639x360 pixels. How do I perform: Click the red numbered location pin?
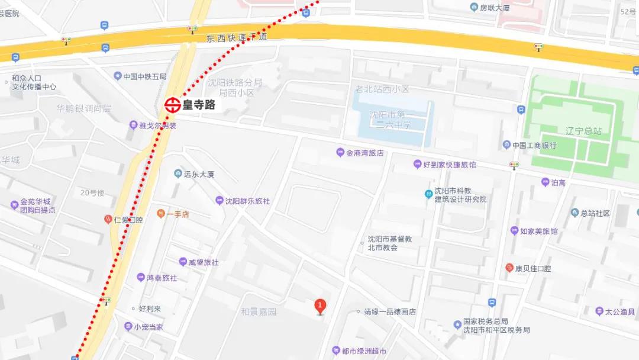(320, 306)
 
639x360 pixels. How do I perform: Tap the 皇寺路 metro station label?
(199, 105)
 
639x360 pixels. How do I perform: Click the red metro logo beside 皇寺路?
(173, 105)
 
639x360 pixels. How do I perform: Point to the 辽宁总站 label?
(583, 131)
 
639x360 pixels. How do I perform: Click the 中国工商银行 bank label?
(534, 145)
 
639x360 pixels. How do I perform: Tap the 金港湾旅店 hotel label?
(364, 153)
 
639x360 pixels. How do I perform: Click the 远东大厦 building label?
(198, 174)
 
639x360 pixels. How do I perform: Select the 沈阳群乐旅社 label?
(247, 201)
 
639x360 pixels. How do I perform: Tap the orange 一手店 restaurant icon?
(160, 214)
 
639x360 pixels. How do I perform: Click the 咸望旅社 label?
(203, 262)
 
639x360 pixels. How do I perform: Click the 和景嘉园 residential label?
(259, 311)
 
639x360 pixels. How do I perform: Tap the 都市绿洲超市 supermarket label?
(365, 351)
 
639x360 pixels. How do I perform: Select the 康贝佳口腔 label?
(532, 268)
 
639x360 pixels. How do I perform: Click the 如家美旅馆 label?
(538, 231)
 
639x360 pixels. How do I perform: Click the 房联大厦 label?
(495, 7)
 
